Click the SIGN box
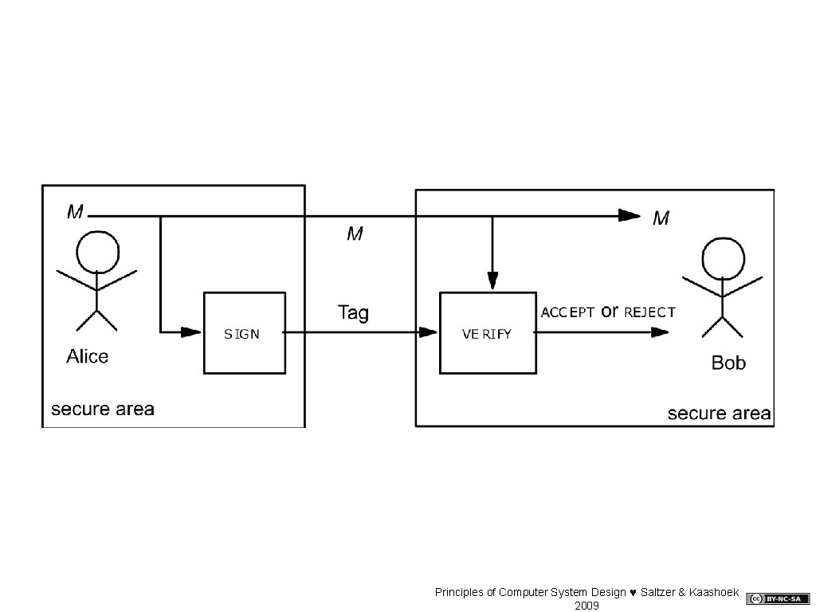pyautogui.click(x=244, y=333)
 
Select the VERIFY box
pyautogui.click(x=488, y=333)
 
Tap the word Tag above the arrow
pyautogui.click(x=353, y=312)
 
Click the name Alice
pyautogui.click(x=87, y=356)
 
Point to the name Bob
pyautogui.click(x=728, y=363)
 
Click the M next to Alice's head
pyautogui.click(x=76, y=212)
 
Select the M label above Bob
pyautogui.click(x=661, y=218)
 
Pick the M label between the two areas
pyautogui.click(x=355, y=233)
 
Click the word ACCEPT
pyautogui.click(x=567, y=313)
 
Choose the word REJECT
pyautogui.click(x=649, y=313)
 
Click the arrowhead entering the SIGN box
pyautogui.click(x=191, y=331)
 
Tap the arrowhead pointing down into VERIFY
pyautogui.click(x=492, y=280)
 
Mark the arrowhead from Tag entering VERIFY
pyautogui.click(x=429, y=332)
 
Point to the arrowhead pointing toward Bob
pyautogui.click(x=659, y=332)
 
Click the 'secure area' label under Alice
pyautogui.click(x=103, y=410)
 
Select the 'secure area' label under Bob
pyautogui.click(x=719, y=413)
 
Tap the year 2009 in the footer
pyautogui.click(x=586, y=606)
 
